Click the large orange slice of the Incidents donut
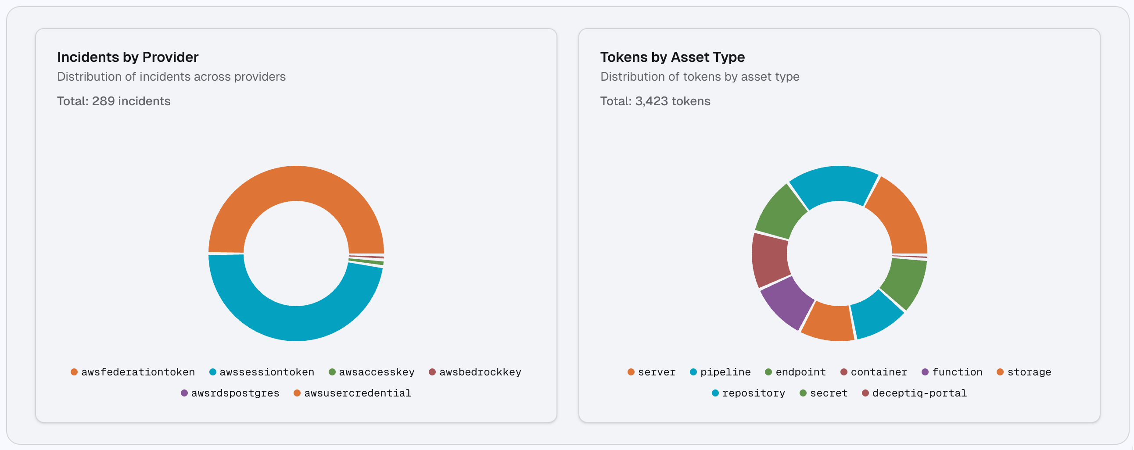click(x=296, y=183)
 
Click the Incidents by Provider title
click(x=128, y=57)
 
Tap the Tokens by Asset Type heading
click(x=672, y=57)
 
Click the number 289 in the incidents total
click(x=104, y=101)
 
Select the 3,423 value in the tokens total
click(x=652, y=101)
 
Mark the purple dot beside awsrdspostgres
click(x=184, y=393)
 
